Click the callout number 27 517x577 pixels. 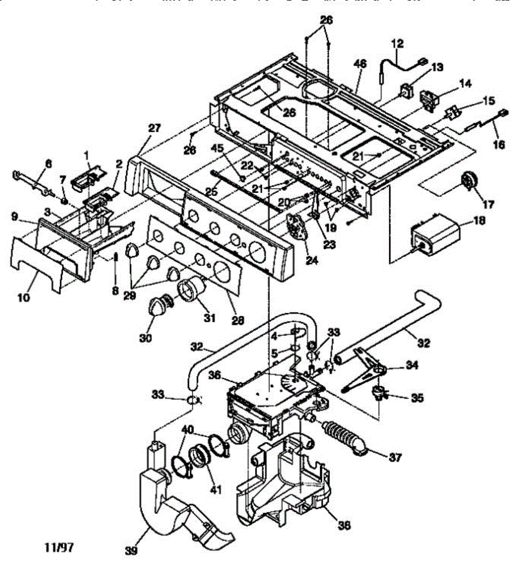(x=155, y=128)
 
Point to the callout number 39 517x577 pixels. (x=130, y=550)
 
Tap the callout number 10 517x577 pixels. (x=24, y=298)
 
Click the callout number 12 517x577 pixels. (x=398, y=44)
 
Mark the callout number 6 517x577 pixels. (x=48, y=163)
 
